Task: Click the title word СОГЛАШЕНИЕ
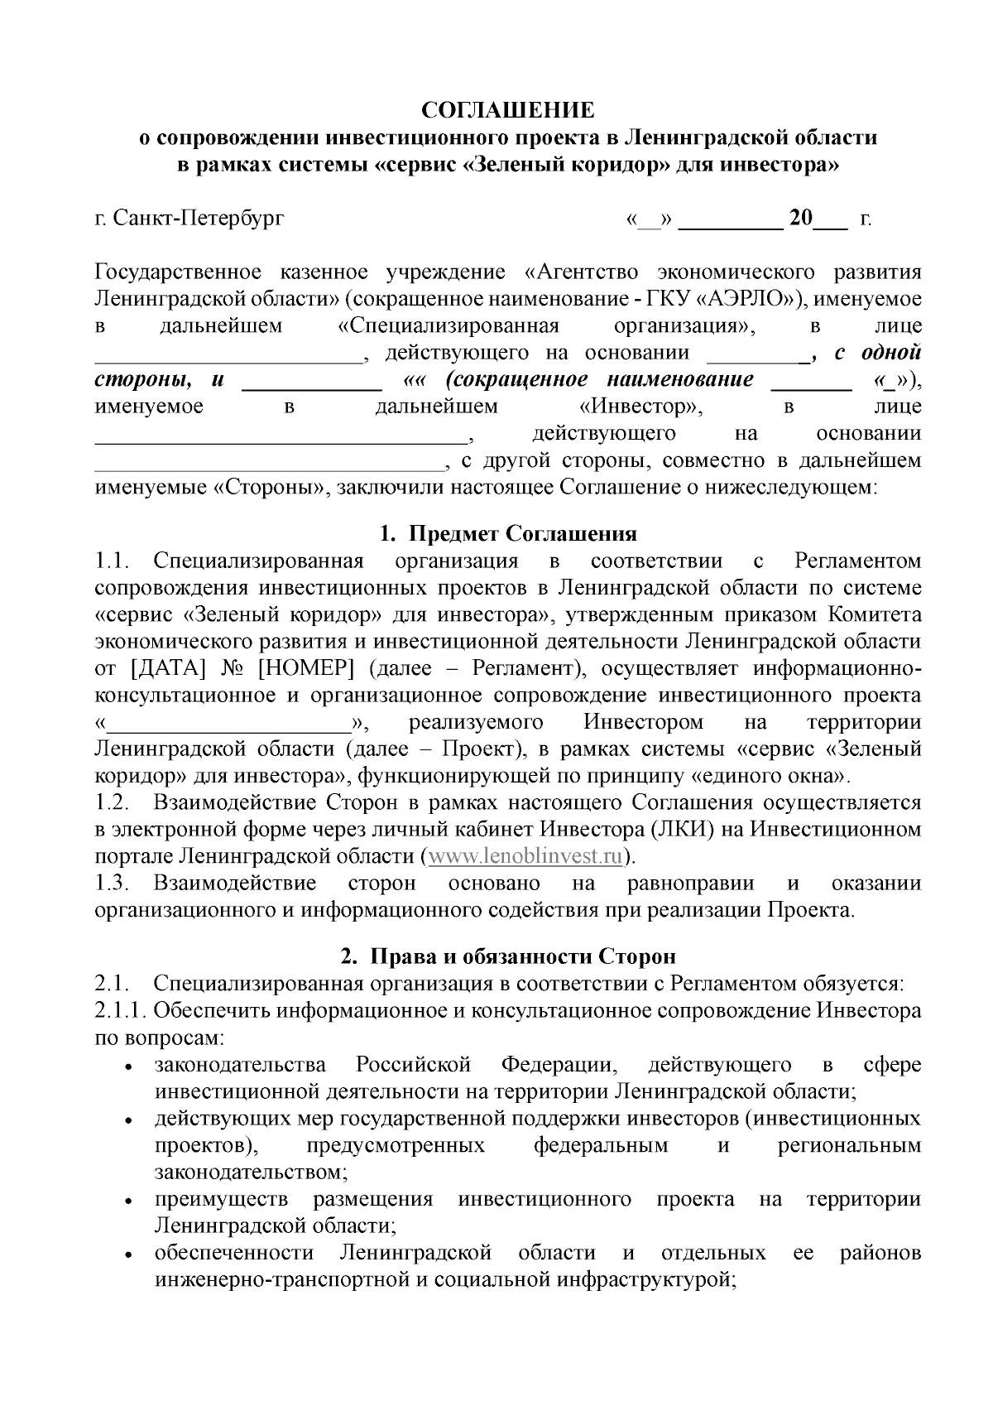508,111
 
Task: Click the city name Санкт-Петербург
198,219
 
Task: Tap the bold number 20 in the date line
801,219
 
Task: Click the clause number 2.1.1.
121,1011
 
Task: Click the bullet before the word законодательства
129,1068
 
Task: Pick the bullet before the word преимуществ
129,1202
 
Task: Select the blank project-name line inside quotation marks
229,725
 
